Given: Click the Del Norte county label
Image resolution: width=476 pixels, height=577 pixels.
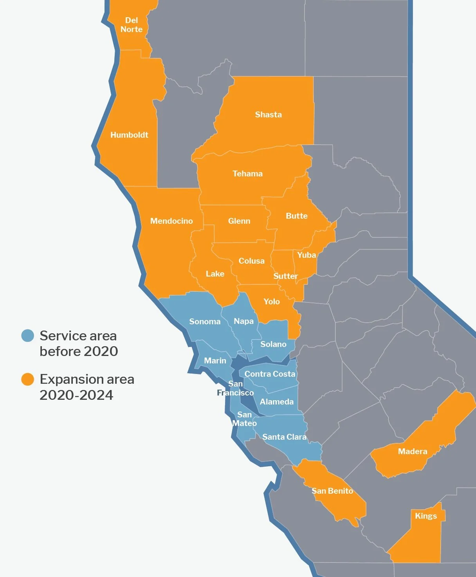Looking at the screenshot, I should point(132,25).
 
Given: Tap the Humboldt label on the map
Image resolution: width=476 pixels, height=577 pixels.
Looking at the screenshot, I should point(129,135).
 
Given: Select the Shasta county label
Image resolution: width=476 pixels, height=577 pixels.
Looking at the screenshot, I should point(268,115).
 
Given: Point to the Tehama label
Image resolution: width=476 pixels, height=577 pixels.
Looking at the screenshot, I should point(247,174).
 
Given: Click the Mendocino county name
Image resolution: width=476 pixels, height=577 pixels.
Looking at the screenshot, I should point(171,221).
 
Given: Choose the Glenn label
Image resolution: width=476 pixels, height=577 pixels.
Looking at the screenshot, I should point(239,221).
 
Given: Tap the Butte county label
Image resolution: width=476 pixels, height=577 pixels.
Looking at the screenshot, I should point(296,216).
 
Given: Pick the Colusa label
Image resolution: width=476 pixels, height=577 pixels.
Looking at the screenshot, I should point(251,261).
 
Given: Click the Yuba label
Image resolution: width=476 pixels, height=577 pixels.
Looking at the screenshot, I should point(307,255).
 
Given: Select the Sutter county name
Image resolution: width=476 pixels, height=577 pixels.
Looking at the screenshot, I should point(285,276).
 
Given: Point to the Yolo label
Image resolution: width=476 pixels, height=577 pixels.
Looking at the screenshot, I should point(271,302).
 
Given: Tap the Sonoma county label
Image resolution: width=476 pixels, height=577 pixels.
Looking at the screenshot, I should point(205,322).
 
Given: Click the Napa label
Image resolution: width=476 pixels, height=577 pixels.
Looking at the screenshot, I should point(243,321).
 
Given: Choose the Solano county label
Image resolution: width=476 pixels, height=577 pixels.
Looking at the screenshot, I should point(273,344).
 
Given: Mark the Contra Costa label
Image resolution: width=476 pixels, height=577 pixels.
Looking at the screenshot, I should point(270,374).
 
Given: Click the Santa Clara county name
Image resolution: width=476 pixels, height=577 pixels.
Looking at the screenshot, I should point(284,437).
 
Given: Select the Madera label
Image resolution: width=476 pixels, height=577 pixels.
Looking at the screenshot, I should point(412,451).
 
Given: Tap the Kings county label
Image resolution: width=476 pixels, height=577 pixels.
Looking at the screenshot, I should point(426,516).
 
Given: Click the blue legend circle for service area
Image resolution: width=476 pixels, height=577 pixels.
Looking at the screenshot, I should point(27,336).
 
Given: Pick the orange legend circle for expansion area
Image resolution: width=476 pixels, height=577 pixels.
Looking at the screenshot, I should point(27,379).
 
